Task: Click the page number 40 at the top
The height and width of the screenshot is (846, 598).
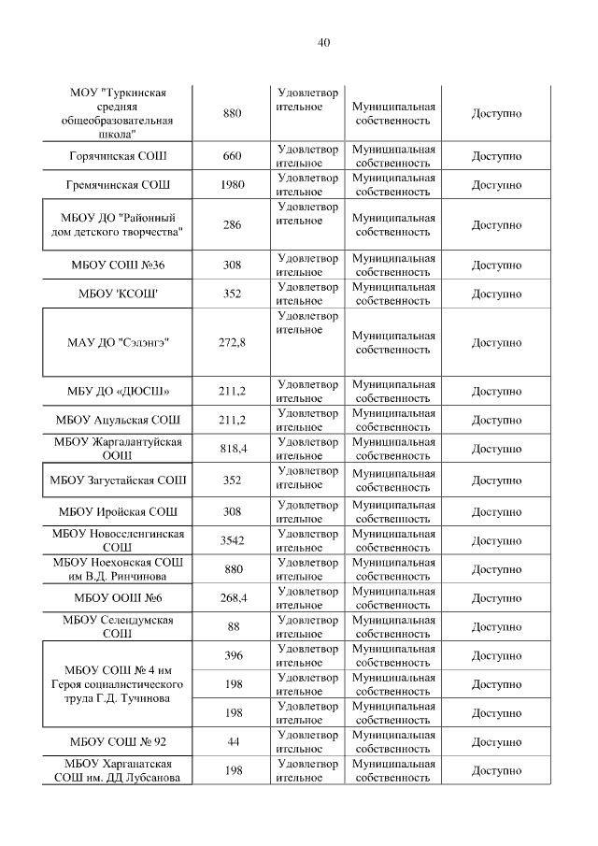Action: [323, 42]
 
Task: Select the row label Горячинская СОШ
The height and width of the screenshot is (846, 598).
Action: [119, 156]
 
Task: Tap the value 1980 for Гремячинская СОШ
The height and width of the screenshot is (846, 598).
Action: [232, 184]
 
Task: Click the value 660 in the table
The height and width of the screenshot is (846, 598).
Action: [232, 156]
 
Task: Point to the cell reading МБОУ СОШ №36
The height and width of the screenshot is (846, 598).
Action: [118, 265]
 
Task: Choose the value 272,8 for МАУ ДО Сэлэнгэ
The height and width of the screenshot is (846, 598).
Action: [232, 343]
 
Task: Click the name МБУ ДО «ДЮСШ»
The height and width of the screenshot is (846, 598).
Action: [118, 392]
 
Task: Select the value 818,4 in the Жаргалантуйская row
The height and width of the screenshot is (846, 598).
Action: [232, 449]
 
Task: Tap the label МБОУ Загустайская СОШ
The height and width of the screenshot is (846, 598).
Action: [118, 480]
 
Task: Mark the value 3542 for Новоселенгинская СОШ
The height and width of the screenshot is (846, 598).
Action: [232, 540]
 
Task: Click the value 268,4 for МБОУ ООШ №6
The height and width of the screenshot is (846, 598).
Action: [232, 597]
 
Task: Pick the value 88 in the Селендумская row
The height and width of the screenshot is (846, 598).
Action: [232, 626]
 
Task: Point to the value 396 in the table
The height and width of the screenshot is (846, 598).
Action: [232, 655]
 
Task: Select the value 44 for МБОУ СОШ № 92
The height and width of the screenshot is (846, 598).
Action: [232, 742]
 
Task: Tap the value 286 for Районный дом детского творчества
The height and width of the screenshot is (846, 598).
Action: [232, 225]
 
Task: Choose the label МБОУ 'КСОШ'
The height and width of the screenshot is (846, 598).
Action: [118, 294]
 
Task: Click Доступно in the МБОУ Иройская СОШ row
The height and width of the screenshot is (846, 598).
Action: [496, 512]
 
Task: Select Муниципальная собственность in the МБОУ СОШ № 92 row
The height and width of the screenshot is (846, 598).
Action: [392, 742]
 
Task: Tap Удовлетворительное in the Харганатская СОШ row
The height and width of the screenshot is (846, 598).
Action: [307, 771]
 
